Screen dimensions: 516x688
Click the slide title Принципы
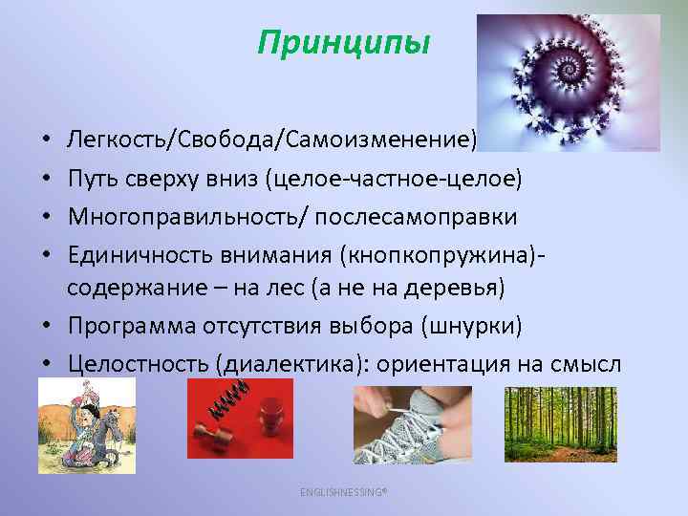344,44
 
